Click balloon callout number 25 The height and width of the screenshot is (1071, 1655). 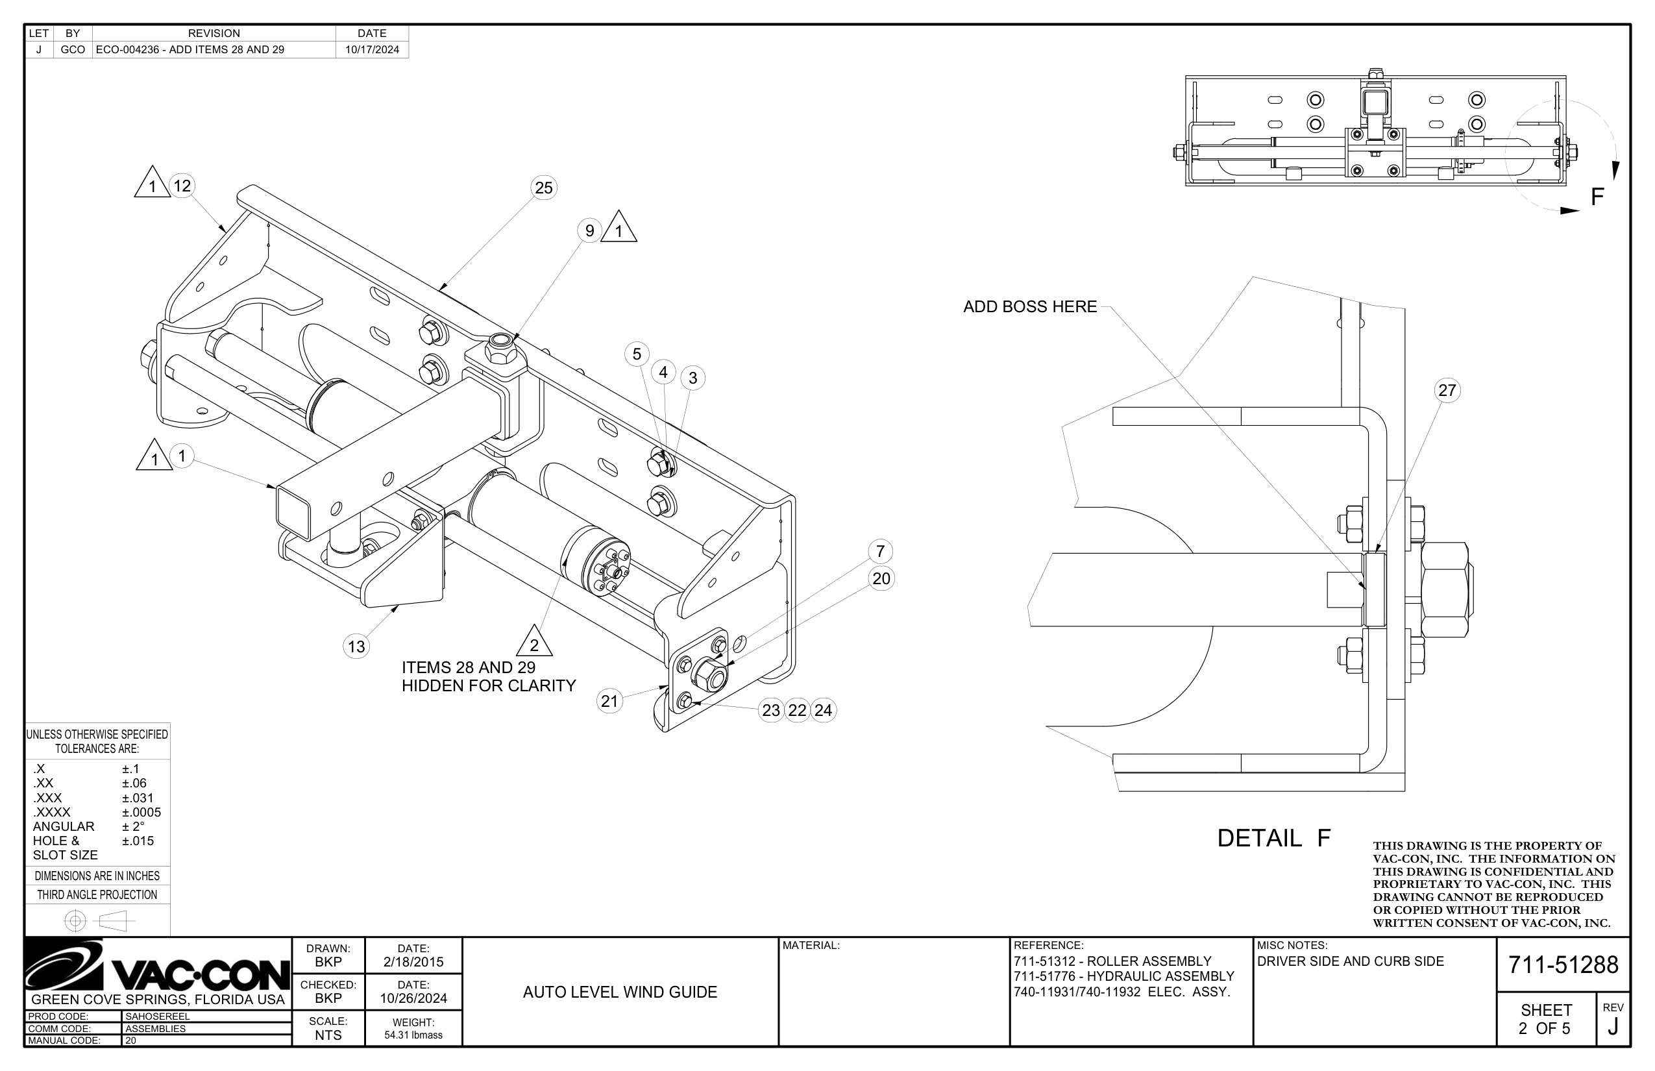pos(543,188)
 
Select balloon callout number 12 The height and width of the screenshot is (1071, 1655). pos(182,186)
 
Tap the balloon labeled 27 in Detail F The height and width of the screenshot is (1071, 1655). pos(1447,390)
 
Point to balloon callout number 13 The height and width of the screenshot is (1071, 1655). pos(356,646)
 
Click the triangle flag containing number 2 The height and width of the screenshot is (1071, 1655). pos(534,643)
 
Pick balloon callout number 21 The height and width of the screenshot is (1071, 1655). pos(609,701)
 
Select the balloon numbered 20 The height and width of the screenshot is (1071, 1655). pos(881,578)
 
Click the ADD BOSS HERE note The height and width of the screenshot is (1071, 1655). pos(1029,306)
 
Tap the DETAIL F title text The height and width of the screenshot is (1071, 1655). pos(1273,838)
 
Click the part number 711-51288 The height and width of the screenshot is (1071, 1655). pos(1563,965)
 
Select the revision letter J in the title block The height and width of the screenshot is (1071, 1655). pos(1613,1027)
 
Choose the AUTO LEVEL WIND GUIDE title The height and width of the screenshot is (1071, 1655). pos(620,992)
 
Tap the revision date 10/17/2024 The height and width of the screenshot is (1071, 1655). pos(372,49)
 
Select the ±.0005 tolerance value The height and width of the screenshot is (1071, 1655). pos(141,812)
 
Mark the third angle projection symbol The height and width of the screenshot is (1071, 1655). pos(97,921)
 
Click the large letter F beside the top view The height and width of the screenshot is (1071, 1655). pos(1597,197)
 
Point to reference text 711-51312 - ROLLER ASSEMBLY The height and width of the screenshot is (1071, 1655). pos(1112,961)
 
